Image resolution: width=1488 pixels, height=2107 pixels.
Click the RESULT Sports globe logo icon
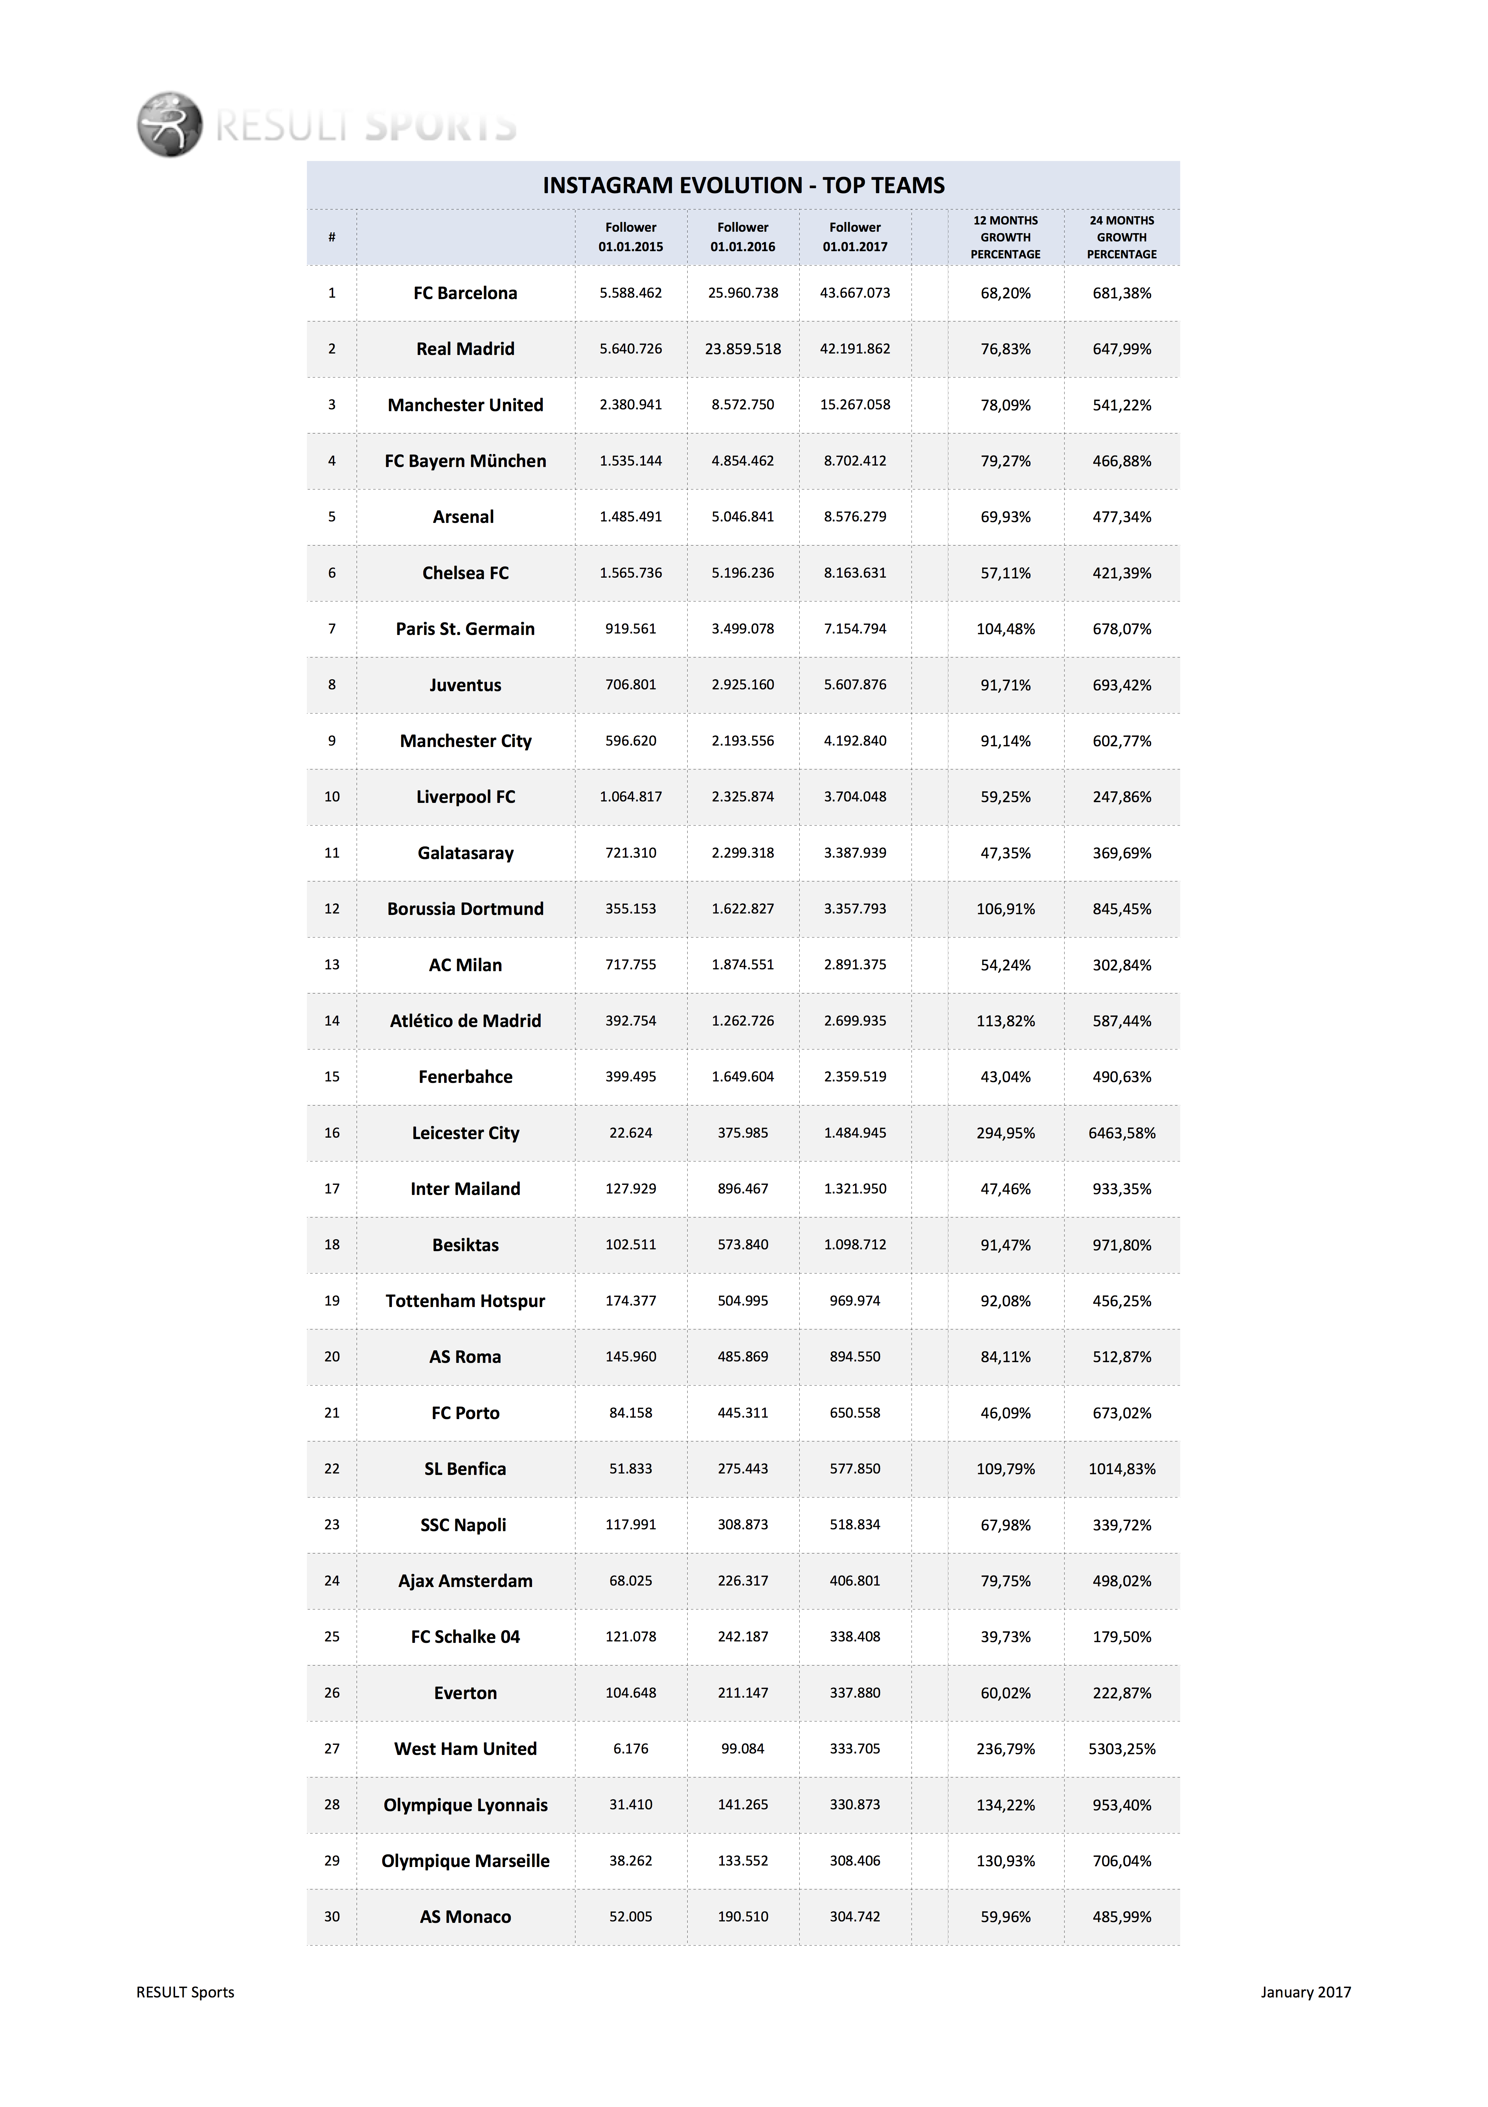pos(170,124)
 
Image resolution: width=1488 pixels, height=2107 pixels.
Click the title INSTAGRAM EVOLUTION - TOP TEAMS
pos(743,185)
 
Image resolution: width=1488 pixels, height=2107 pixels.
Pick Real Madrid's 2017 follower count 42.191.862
pos(855,349)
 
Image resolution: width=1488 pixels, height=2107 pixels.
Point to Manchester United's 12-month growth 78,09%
pos(1005,405)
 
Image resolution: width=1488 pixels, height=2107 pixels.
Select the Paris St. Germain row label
pos(465,628)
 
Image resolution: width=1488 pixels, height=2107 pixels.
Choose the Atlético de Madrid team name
pos(465,1021)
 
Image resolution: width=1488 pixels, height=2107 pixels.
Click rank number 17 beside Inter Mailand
pos(332,1188)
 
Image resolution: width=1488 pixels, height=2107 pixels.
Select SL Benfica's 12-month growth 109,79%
pos(1005,1468)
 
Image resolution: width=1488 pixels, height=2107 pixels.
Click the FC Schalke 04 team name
pos(465,1636)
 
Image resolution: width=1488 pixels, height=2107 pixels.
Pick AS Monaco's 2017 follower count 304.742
pos(855,1916)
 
